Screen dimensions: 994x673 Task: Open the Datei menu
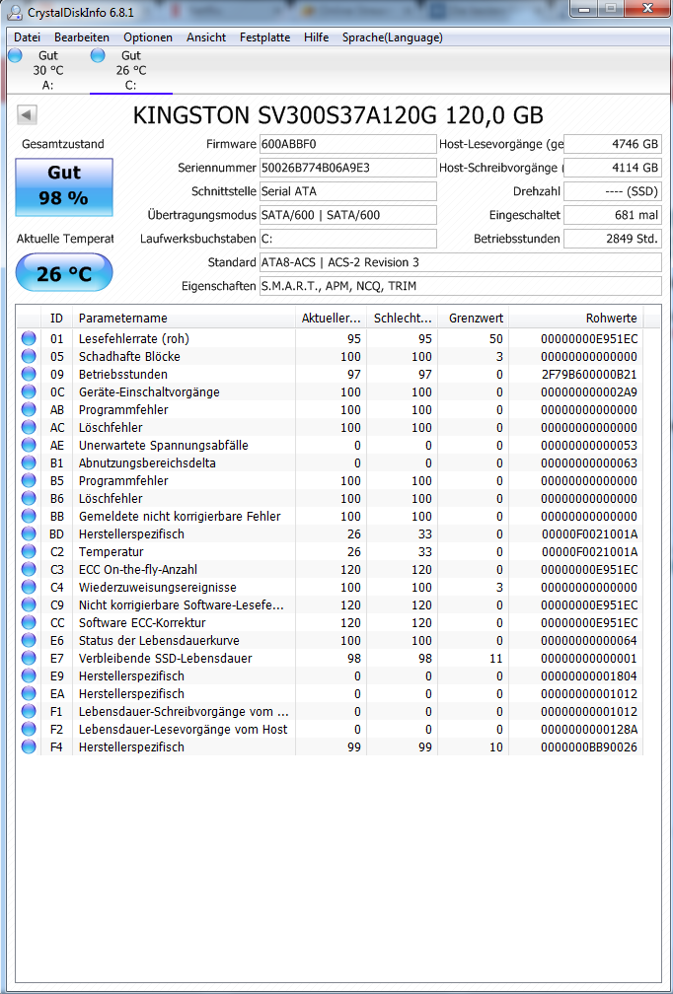tap(27, 37)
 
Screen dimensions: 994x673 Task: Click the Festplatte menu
tap(264, 37)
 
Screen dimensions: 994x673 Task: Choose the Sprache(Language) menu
tap(392, 37)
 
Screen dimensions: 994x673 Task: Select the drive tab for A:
tap(47, 71)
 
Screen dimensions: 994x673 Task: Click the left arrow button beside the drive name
tap(27, 115)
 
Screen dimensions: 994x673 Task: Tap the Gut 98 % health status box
tap(63, 186)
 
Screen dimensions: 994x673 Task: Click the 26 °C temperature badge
tap(63, 273)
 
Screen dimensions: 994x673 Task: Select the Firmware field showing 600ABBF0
tap(347, 144)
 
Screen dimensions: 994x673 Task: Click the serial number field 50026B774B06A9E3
tap(347, 168)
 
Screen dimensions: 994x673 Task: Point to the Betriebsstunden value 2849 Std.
tap(612, 239)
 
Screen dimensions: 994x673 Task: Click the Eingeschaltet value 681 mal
tap(612, 215)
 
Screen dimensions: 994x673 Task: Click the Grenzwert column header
tap(476, 319)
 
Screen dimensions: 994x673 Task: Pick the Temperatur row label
tap(111, 552)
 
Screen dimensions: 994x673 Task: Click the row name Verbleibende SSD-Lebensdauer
tap(165, 659)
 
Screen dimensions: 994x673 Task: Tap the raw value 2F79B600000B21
tap(589, 375)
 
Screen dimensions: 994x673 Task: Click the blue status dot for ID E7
tap(29, 659)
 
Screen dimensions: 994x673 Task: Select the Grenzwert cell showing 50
tap(496, 339)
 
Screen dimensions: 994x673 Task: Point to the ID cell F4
tap(57, 747)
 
